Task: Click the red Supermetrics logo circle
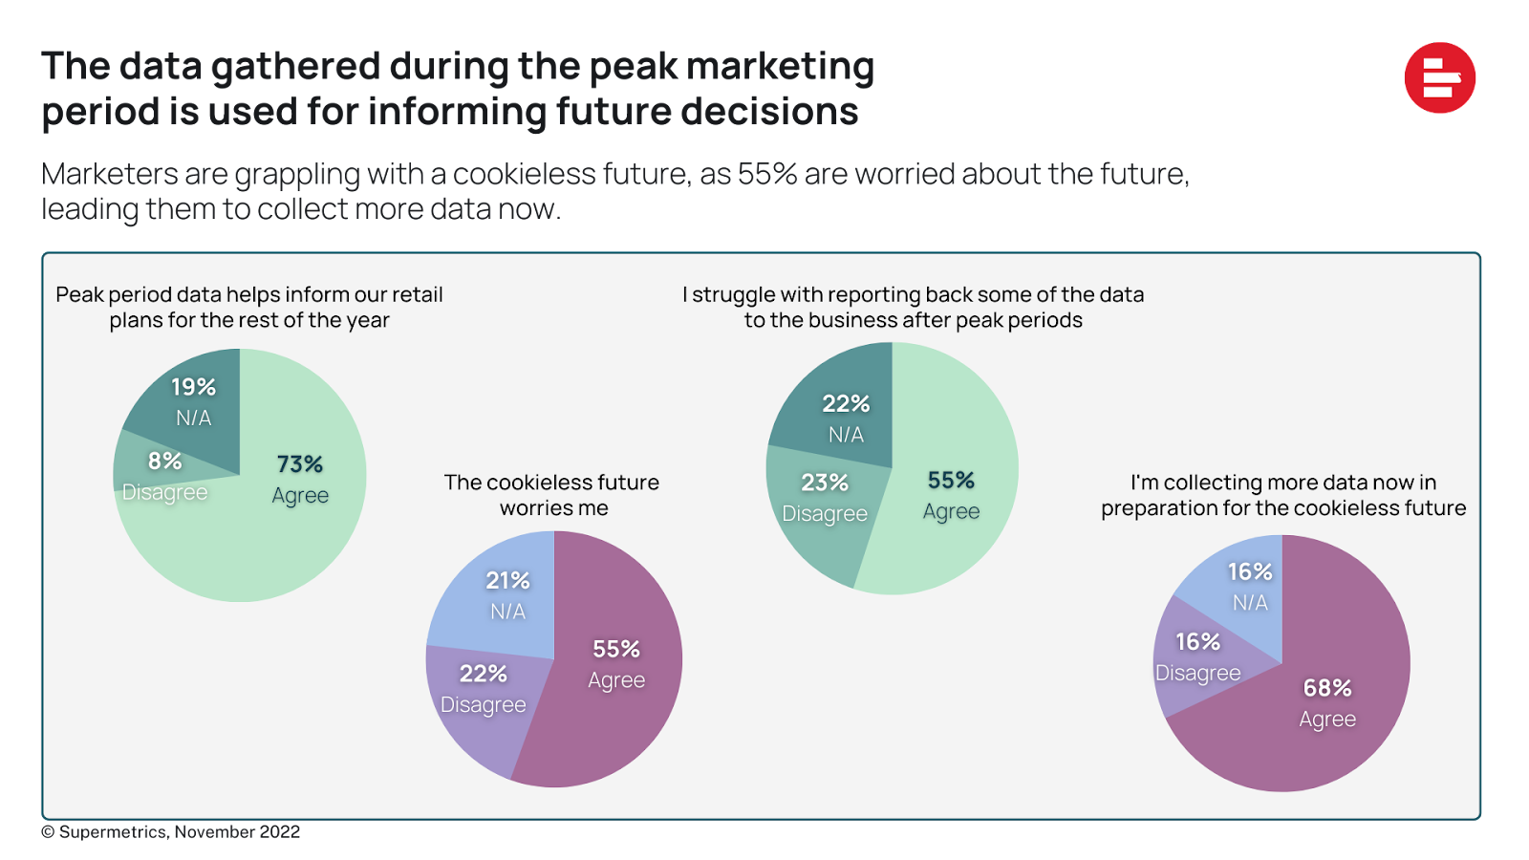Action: pyautogui.click(x=1440, y=78)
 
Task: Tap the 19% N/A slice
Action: pyautogui.click(x=191, y=401)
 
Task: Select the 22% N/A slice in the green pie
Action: pyautogui.click(x=841, y=416)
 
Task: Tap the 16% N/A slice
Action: pyautogui.click(x=1242, y=588)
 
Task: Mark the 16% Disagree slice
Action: pyautogui.click(x=1195, y=659)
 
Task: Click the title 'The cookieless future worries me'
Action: pyautogui.click(x=552, y=495)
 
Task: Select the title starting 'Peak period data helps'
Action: pyautogui.click(x=249, y=307)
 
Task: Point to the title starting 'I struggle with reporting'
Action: pyautogui.click(x=913, y=307)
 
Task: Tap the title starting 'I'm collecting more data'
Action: pyautogui.click(x=1282, y=495)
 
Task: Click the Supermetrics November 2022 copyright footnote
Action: pyautogui.click(x=172, y=832)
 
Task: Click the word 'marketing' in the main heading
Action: pyautogui.click(x=780, y=67)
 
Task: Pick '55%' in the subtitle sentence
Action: pyautogui.click(x=767, y=174)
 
